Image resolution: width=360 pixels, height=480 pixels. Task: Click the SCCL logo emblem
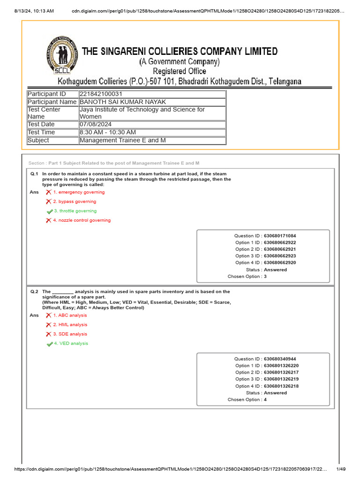[63, 55]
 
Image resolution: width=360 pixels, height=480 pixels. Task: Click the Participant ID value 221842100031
[101, 94]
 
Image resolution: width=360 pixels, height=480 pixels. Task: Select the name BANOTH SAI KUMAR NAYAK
[123, 102]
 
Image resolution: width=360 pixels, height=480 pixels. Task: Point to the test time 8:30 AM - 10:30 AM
[108, 132]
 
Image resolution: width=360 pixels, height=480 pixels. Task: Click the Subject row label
[38, 140]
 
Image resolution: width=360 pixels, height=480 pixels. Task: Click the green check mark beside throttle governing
[49, 211]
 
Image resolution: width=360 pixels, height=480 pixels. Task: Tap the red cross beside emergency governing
[48, 192]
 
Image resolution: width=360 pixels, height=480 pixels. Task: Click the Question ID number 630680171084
[280, 236]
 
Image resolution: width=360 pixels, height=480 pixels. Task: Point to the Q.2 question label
[34, 292]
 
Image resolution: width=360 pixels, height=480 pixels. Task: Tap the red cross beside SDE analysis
[48, 334]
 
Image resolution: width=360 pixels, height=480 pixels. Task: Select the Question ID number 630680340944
[280, 359]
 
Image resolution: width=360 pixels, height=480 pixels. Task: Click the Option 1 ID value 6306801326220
[281, 366]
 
